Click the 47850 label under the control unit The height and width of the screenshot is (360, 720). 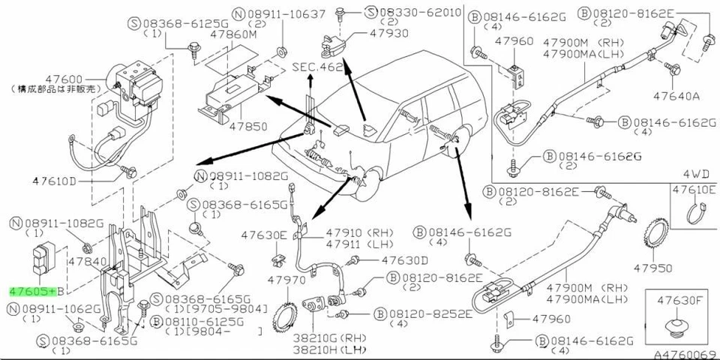[247, 127]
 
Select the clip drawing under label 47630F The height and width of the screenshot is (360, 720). [679, 325]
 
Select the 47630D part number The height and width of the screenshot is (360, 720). [404, 260]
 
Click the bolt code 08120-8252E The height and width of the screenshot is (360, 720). [430, 313]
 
